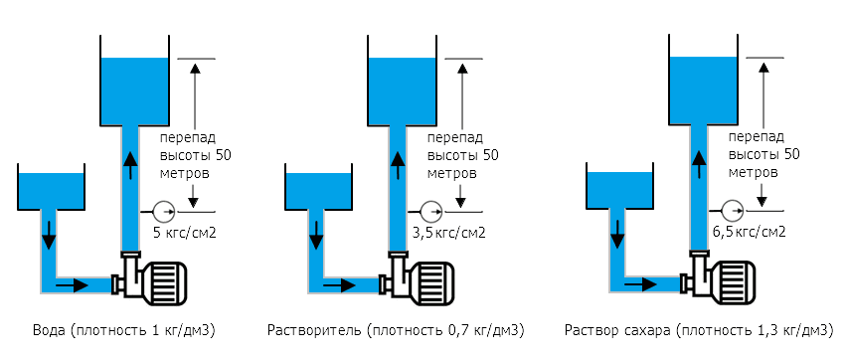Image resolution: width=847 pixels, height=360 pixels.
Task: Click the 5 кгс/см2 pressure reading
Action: [185, 235]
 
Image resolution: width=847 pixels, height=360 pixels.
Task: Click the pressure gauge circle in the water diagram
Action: [162, 211]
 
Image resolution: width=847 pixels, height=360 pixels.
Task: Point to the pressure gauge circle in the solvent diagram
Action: [430, 211]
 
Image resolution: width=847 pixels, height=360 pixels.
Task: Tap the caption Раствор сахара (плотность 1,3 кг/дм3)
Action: [697, 330]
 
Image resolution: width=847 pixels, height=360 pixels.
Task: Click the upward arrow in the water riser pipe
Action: [129, 164]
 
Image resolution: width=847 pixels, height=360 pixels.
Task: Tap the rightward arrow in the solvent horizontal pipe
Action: [344, 284]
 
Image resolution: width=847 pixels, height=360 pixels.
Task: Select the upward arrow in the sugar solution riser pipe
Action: [700, 164]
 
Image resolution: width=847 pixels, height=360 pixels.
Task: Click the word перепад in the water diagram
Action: [187, 137]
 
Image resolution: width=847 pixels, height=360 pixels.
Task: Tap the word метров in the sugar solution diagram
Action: [753, 172]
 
